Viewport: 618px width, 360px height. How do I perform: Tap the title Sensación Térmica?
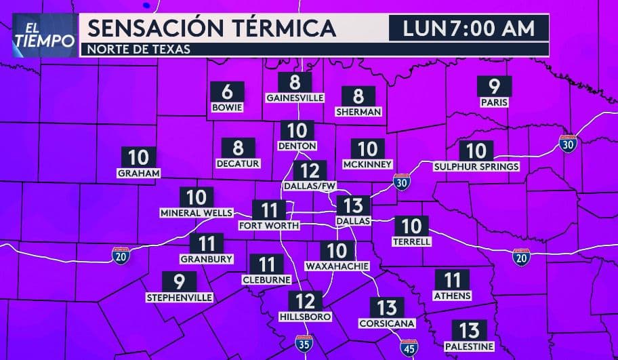point(211,28)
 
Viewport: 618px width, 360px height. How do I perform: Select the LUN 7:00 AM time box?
point(468,28)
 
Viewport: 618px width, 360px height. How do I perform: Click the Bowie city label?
point(227,107)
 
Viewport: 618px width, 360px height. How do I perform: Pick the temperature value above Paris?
point(494,87)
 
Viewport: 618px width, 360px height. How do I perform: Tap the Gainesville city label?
point(295,98)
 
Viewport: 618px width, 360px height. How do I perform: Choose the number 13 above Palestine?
point(468,331)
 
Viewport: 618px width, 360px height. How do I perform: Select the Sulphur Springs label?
point(476,166)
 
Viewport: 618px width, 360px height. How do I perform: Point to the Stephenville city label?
point(180,297)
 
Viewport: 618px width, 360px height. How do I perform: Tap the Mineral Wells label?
point(197,213)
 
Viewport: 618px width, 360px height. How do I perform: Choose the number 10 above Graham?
point(138,157)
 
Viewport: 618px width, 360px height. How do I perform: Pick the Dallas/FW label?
point(310,186)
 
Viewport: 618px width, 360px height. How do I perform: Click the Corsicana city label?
point(386,323)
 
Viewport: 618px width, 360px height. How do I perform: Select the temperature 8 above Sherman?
point(358,97)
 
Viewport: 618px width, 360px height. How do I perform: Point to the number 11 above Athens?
point(452,279)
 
